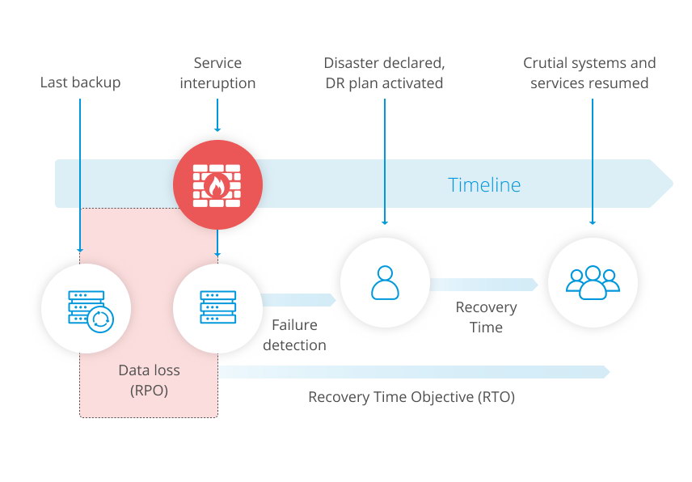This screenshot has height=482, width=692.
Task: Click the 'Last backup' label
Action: click(x=80, y=82)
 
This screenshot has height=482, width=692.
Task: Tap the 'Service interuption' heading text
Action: click(x=217, y=73)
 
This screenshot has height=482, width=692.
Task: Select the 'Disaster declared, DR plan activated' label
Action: click(x=384, y=73)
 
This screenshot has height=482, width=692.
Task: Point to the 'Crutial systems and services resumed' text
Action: click(x=589, y=73)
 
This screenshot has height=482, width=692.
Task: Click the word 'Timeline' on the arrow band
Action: click(x=484, y=184)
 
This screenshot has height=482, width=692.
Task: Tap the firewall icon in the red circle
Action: click(x=217, y=185)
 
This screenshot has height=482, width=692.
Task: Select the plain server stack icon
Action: click(x=217, y=307)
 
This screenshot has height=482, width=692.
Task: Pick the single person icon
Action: click(x=385, y=282)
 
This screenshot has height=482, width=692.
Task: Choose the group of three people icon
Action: click(x=593, y=282)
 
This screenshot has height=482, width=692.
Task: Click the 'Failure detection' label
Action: click(x=294, y=335)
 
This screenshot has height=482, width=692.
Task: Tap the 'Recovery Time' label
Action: click(x=486, y=317)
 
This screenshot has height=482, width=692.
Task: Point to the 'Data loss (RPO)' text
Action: click(x=150, y=380)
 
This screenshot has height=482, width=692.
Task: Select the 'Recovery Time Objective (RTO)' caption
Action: click(x=411, y=397)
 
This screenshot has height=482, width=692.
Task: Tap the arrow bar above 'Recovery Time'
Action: click(x=484, y=285)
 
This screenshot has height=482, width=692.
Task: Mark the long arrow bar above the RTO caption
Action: click(x=414, y=372)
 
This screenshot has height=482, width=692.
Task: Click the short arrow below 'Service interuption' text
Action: click(x=217, y=115)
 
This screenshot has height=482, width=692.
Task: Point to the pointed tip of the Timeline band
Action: click(x=673, y=184)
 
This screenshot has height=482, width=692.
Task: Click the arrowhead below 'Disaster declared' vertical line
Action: click(x=385, y=222)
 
